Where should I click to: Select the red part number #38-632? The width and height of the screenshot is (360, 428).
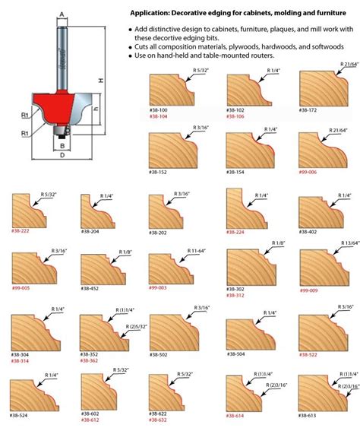click(160, 420)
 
